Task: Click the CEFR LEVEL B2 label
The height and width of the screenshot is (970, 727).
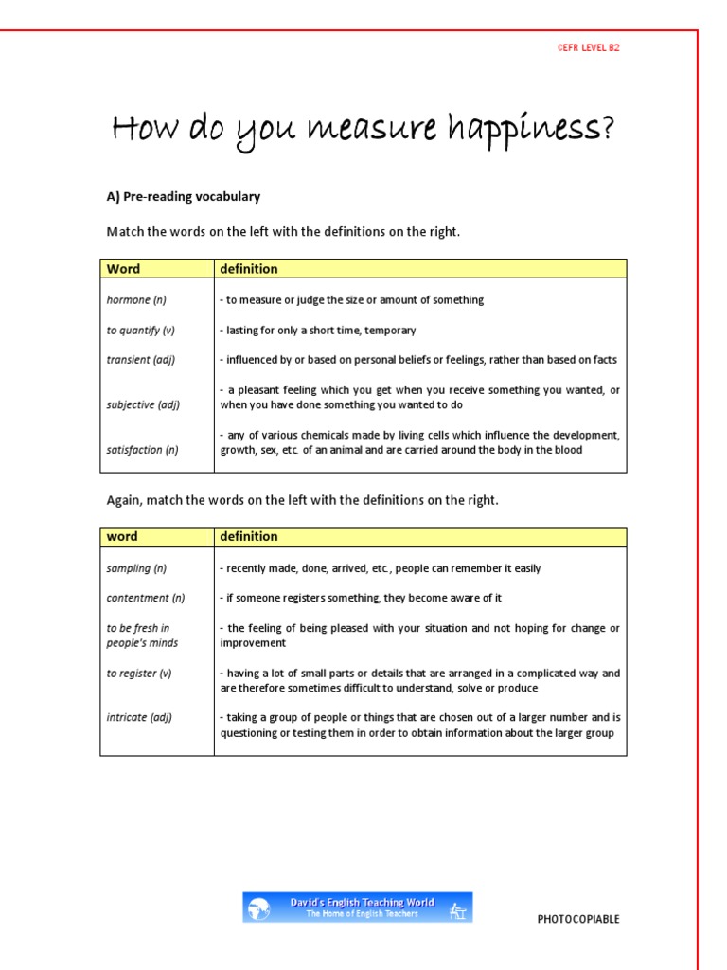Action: (588, 47)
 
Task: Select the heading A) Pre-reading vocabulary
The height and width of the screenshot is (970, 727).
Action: (183, 197)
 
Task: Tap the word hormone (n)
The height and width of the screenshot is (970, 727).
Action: (136, 300)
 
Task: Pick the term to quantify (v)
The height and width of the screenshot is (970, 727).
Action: (141, 331)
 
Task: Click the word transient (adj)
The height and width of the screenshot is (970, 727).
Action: (141, 360)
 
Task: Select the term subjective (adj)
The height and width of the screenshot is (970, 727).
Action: (143, 404)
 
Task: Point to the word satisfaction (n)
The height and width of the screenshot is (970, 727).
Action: (143, 450)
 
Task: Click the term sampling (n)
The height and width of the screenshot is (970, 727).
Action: (136, 568)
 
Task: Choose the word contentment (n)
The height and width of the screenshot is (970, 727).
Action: (146, 598)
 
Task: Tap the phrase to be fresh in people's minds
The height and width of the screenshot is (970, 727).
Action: (142, 635)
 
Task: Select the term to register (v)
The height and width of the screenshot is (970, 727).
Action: (139, 674)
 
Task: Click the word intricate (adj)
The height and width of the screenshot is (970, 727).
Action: (139, 717)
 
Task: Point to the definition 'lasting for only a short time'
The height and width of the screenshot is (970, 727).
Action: (318, 331)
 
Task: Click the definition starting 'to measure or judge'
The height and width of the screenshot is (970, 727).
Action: (351, 300)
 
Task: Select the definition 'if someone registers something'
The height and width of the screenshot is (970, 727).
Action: (361, 598)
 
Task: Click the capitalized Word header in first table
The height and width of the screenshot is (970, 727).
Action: (123, 269)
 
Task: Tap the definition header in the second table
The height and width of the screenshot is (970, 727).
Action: (249, 537)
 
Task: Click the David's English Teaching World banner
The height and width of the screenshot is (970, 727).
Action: (357, 907)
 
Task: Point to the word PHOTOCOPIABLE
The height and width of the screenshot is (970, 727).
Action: (578, 919)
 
